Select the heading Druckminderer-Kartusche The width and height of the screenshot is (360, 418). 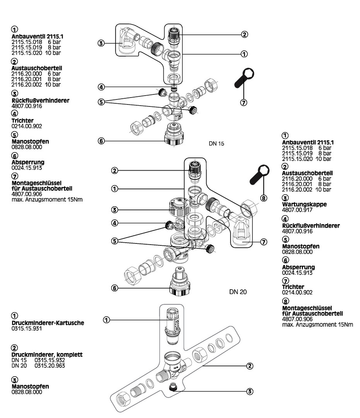48,323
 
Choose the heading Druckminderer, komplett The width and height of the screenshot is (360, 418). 47,355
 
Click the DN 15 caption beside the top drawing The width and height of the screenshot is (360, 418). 216,144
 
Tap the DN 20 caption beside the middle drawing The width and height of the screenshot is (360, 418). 238,291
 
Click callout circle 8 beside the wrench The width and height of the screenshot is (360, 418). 263,198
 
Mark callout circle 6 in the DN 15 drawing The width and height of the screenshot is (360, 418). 101,141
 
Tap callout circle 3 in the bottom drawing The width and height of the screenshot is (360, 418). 250,391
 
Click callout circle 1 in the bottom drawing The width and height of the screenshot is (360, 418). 107,320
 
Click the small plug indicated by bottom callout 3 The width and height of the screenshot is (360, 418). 172,387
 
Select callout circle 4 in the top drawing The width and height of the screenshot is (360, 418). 101,87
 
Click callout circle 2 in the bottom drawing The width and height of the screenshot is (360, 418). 250,365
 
